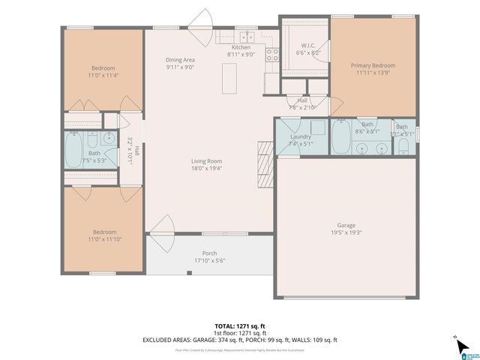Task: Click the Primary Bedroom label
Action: click(x=373, y=65)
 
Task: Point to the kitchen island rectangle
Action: click(x=229, y=75)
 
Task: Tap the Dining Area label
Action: click(x=180, y=59)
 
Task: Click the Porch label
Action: click(x=210, y=253)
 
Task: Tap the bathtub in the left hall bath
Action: click(x=73, y=150)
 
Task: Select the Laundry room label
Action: click(x=300, y=136)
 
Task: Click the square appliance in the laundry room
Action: click(x=317, y=127)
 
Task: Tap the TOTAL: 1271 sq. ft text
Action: click(x=240, y=326)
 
